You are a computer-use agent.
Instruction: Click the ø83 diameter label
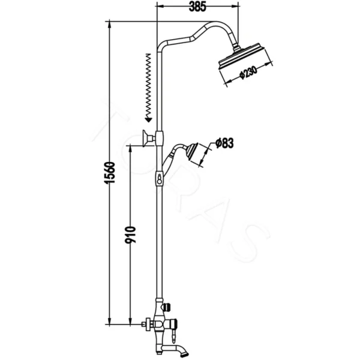(224, 143)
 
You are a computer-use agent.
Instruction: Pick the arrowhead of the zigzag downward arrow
(147, 118)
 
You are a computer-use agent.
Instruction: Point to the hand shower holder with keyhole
(159, 178)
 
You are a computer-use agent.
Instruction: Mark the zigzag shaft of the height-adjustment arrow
(147, 84)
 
